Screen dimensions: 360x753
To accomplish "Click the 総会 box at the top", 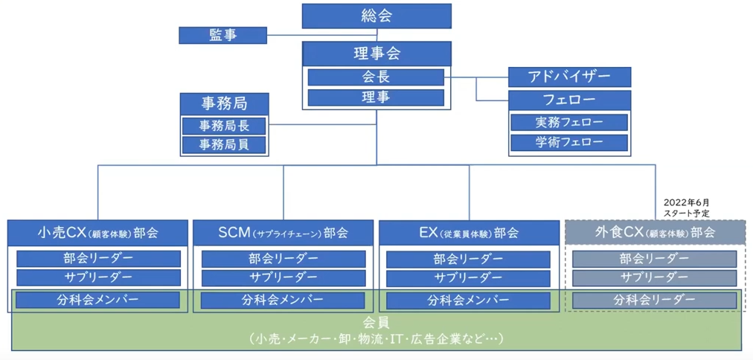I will (376, 16).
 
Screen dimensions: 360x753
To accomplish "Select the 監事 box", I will (223, 35).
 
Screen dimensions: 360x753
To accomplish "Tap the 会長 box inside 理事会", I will (376, 77).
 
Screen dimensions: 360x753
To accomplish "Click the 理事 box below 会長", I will (376, 97).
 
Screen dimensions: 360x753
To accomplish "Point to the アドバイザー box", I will (569, 77).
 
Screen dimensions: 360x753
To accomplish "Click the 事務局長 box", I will (224, 125).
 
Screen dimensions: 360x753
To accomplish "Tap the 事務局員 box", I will (224, 145).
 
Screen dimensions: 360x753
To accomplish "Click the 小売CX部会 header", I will (97, 232).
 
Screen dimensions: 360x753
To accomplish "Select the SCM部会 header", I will (283, 232).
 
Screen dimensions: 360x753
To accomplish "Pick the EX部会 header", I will (469, 232).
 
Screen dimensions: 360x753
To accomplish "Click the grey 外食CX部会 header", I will (655, 232).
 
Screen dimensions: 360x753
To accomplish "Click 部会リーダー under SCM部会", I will (283, 259).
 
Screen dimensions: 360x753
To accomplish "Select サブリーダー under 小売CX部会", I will (98, 277).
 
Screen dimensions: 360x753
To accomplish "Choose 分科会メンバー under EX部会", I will (469, 300).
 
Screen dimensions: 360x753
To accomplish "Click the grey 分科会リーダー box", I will (655, 300).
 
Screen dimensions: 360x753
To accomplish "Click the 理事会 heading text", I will (376, 54).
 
